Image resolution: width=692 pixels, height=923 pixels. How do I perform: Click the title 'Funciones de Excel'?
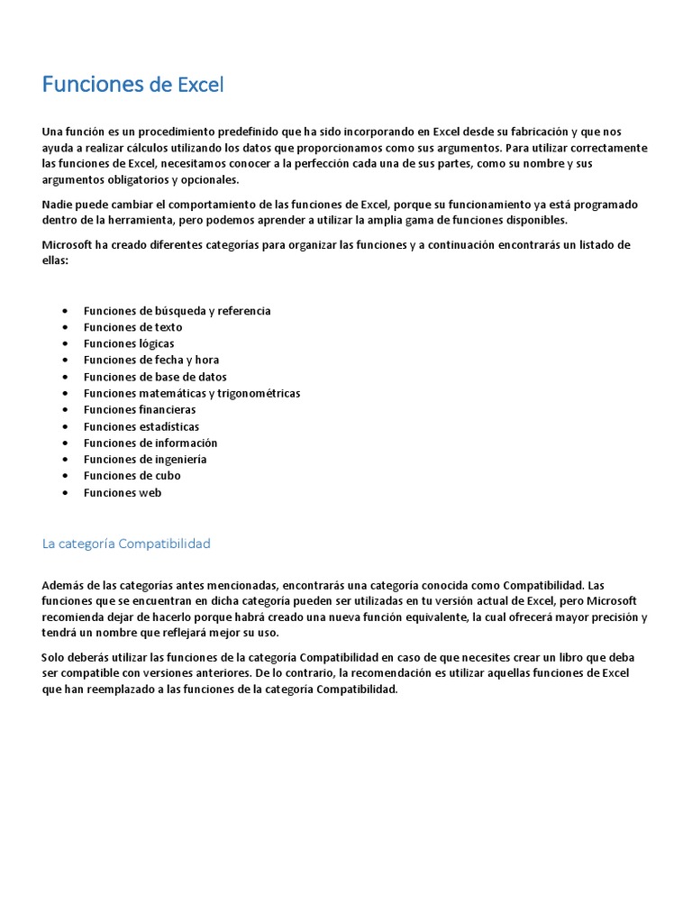coord(132,85)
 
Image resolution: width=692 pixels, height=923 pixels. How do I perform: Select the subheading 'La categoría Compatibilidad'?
coord(126,544)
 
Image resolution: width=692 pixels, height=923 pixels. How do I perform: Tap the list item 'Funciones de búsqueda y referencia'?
coord(177,311)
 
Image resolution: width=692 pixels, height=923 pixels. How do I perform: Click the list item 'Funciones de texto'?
coord(132,327)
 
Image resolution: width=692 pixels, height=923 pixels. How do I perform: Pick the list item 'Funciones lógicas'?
coord(129,343)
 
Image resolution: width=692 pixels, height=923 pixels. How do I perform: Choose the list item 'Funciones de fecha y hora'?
coord(151,360)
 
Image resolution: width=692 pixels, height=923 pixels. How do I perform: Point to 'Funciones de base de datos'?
coord(155,377)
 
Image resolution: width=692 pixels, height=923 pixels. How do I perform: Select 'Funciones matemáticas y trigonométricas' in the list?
coord(192,393)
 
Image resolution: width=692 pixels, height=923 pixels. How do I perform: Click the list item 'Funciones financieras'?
coord(140,409)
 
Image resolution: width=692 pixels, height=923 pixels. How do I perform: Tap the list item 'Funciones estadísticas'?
coord(141,426)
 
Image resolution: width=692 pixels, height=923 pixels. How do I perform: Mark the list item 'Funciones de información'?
coord(150,443)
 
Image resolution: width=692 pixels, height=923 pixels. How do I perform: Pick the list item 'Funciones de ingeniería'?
coord(145,459)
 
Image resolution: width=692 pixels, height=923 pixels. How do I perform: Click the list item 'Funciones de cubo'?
coord(132,475)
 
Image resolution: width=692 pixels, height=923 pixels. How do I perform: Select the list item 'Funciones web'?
coord(123,492)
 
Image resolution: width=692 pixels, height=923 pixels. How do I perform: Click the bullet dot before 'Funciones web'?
coord(67,493)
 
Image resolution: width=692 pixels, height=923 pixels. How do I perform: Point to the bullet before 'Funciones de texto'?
coord(67,328)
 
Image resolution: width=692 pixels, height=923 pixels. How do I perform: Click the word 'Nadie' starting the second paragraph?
coord(57,205)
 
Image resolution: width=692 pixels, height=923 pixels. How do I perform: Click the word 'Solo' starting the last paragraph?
coord(54,657)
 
